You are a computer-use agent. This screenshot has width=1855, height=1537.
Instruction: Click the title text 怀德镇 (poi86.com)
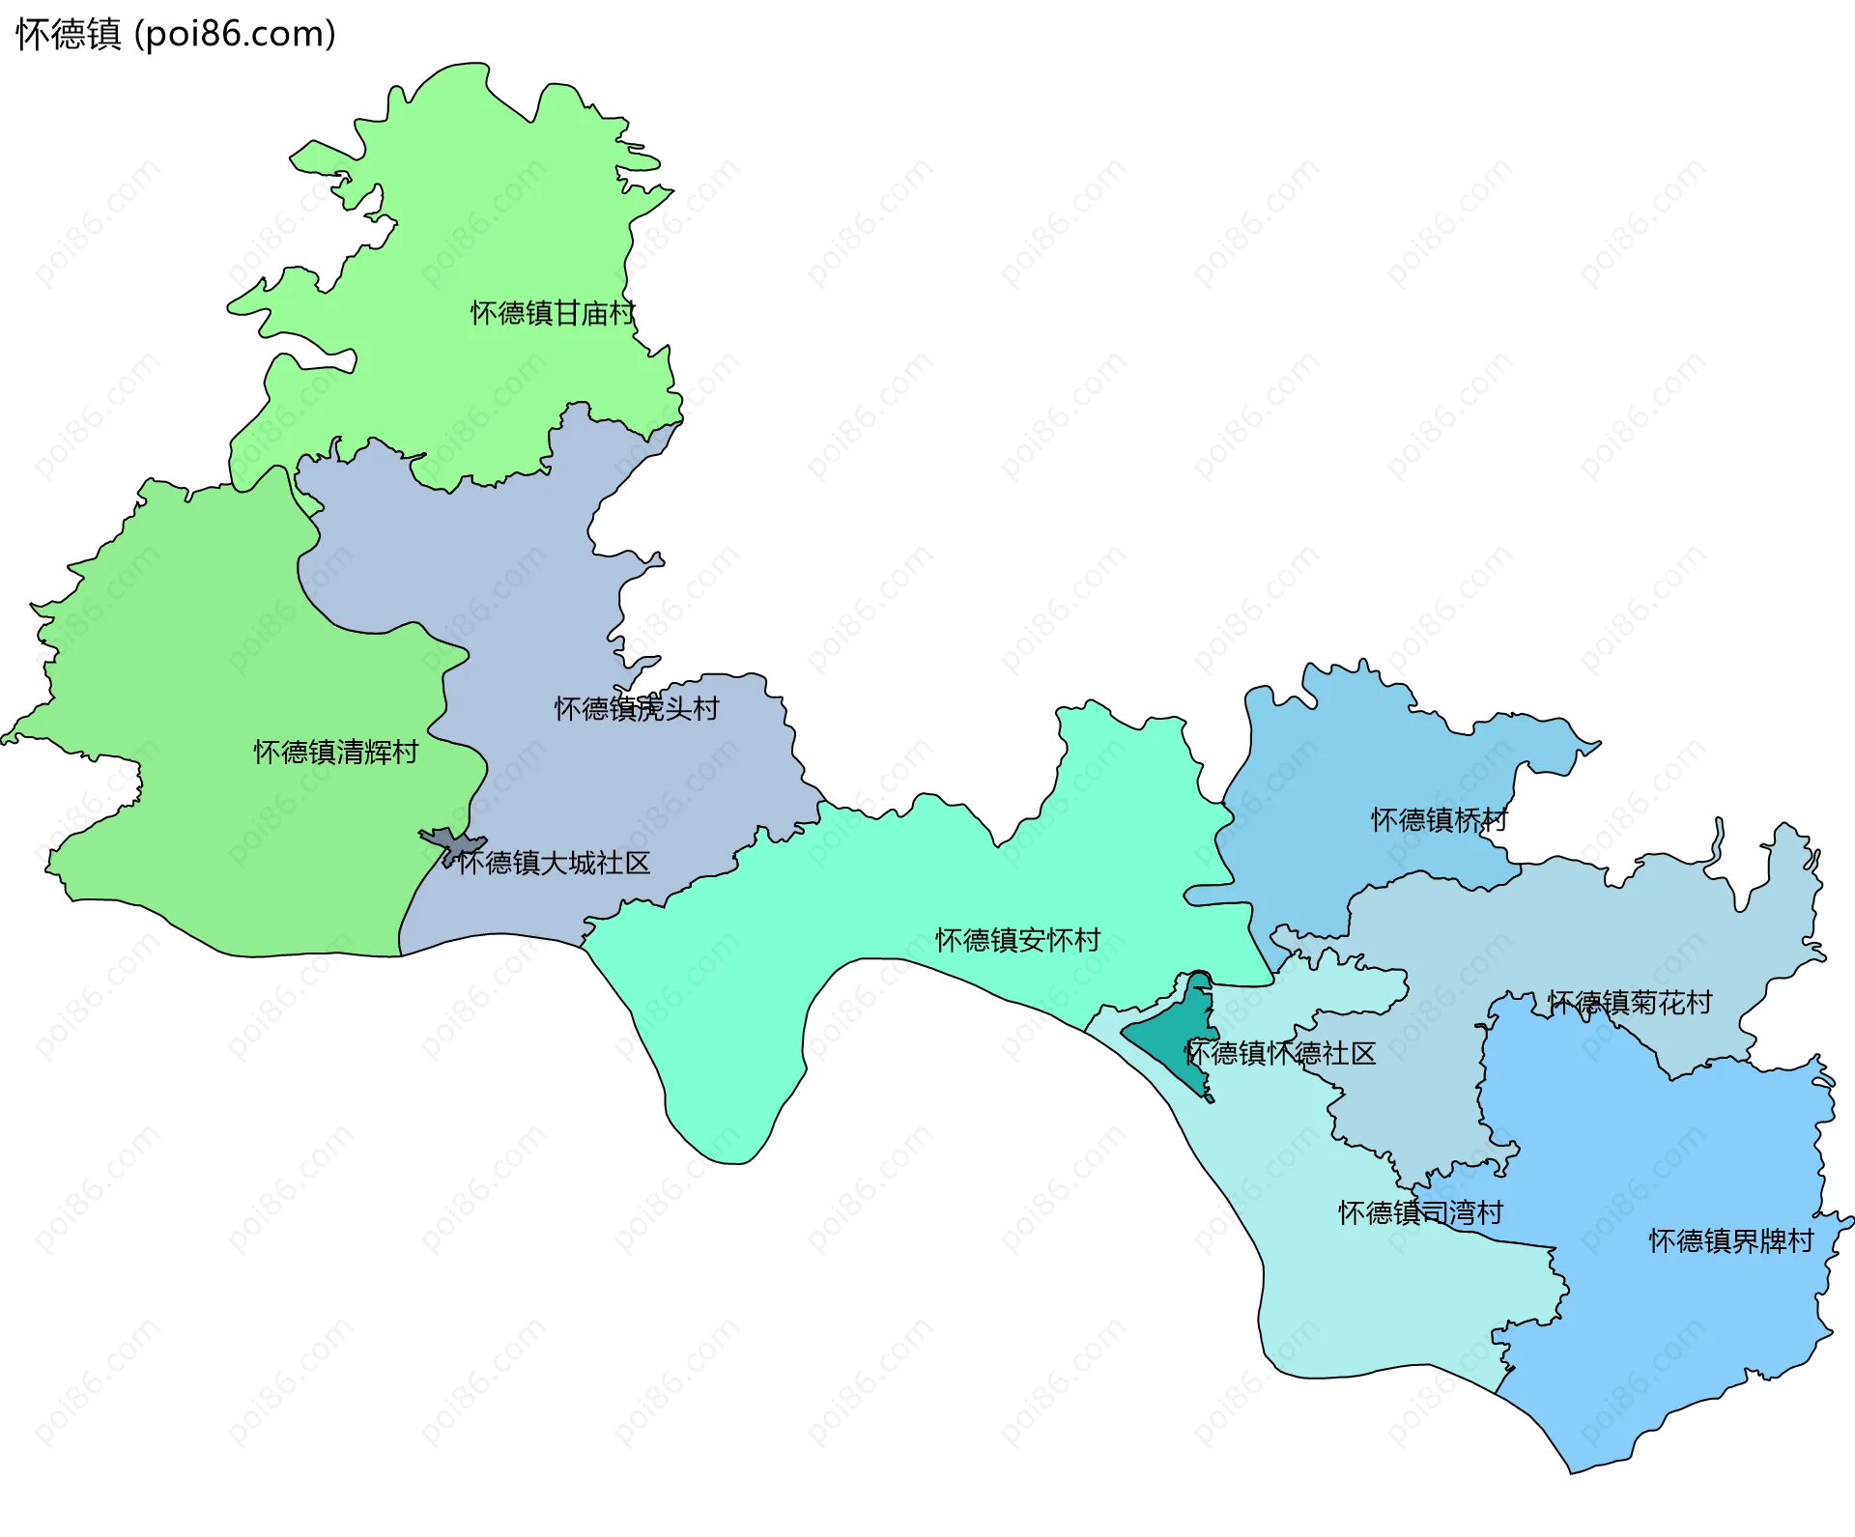click(176, 34)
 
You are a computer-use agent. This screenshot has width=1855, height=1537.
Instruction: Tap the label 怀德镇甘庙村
click(552, 313)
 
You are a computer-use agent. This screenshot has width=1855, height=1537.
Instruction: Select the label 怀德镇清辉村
click(335, 752)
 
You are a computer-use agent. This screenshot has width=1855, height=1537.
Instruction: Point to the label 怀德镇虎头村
click(636, 709)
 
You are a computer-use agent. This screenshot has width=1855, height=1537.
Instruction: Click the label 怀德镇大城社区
click(554, 863)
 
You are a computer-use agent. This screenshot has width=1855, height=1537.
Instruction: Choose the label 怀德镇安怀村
click(1017, 940)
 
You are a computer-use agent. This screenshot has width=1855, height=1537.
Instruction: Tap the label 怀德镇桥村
click(1439, 820)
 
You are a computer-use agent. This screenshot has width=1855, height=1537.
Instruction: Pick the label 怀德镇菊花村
click(1629, 1003)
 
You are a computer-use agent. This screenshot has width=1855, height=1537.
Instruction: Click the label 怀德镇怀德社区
click(1279, 1053)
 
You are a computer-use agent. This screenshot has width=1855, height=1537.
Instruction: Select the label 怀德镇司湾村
click(1420, 1212)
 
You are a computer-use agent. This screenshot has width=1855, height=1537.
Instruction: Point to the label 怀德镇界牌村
click(1730, 1240)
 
